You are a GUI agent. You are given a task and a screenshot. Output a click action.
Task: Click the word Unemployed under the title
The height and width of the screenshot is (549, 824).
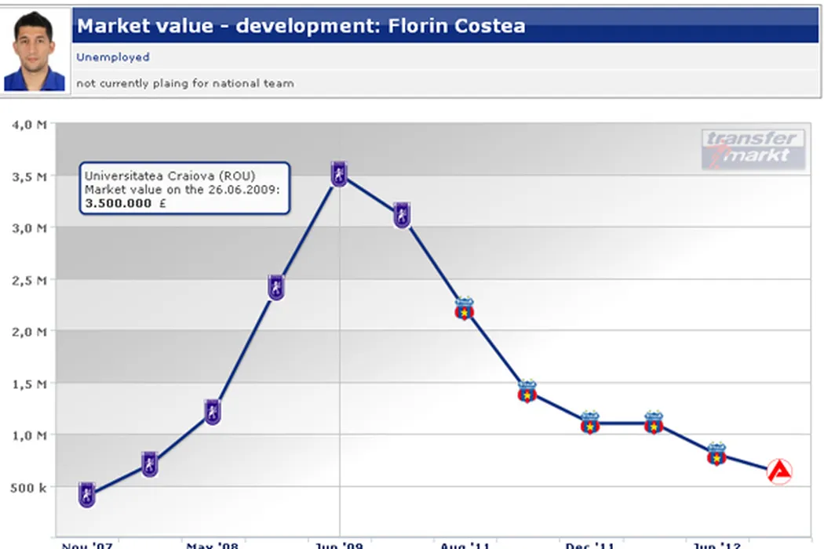113,57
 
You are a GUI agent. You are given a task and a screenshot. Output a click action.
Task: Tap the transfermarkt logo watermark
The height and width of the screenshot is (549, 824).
753,149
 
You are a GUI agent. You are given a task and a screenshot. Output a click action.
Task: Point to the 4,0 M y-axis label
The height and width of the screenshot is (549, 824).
29,125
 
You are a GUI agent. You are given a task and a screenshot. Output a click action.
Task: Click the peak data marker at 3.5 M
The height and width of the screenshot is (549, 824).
339,174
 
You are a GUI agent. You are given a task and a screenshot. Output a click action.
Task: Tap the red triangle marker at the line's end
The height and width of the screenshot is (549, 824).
779,471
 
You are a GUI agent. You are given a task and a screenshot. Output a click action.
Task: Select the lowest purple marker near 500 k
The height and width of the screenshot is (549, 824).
87,495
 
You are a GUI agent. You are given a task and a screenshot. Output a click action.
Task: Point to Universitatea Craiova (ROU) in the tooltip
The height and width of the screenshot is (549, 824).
169,175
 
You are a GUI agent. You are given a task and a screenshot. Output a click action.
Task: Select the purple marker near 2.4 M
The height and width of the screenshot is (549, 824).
275,287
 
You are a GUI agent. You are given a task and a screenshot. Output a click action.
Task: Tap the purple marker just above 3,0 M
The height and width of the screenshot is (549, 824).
402,214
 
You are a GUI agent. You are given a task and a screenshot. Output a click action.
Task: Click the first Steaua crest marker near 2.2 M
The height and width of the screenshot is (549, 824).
465,308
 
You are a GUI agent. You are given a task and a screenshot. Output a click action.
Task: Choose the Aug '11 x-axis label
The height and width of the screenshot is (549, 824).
465,545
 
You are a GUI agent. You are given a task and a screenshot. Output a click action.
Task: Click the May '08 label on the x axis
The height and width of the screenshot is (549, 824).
212,545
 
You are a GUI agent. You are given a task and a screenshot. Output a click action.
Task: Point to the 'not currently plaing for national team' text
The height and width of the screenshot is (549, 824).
185,83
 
